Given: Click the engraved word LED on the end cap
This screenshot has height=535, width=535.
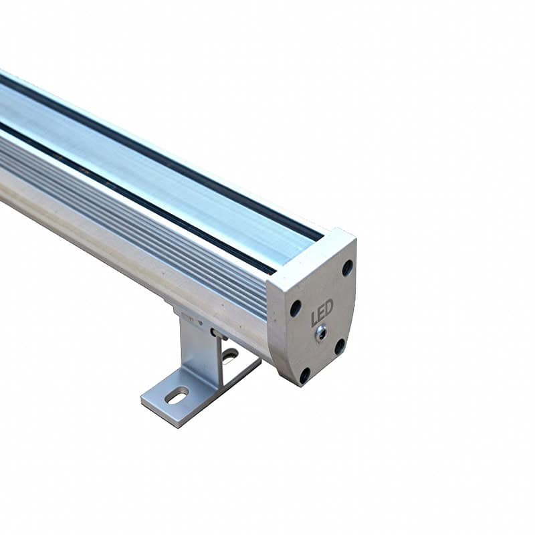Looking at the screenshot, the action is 322,312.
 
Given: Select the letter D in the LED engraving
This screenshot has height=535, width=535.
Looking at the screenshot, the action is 328,308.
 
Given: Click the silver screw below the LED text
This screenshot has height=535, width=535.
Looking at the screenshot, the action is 320,332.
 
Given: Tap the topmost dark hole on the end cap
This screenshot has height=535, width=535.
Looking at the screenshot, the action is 347,267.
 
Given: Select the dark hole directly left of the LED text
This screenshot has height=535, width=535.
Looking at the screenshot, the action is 296,309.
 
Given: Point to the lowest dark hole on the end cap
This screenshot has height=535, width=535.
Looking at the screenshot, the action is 305,375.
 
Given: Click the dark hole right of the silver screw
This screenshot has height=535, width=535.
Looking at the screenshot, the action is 340,346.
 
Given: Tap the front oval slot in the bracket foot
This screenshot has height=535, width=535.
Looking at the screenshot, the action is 177,397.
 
